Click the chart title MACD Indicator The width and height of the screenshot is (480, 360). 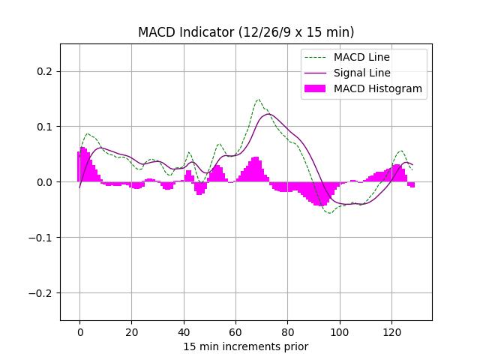coord(246,32)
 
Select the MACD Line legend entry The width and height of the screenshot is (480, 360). coord(361,57)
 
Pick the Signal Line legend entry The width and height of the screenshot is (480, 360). coord(361,73)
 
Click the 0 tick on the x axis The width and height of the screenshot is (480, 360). coord(79,331)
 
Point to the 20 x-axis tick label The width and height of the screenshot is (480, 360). coord(131,331)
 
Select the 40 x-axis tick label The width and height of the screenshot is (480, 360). coord(184,331)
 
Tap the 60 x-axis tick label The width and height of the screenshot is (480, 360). coord(235,331)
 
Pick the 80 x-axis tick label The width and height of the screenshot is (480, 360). coord(287,331)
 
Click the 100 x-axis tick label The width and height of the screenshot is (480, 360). coord(340,331)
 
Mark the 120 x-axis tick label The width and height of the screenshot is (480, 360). coord(391,331)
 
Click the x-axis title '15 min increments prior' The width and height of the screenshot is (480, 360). coord(246,346)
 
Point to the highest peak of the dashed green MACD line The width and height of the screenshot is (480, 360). coord(259,99)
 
